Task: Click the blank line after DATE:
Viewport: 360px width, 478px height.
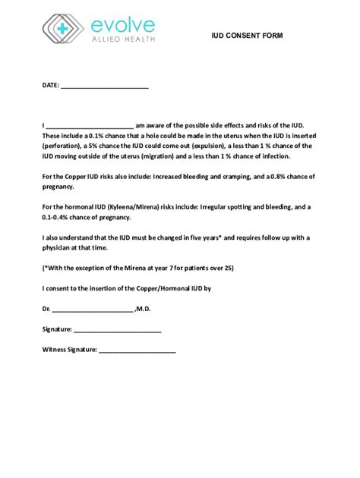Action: pos(104,86)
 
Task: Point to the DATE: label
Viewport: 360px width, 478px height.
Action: pos(50,86)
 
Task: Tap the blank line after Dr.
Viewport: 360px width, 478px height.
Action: pos(92,310)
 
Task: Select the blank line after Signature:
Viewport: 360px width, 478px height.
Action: pos(118,330)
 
